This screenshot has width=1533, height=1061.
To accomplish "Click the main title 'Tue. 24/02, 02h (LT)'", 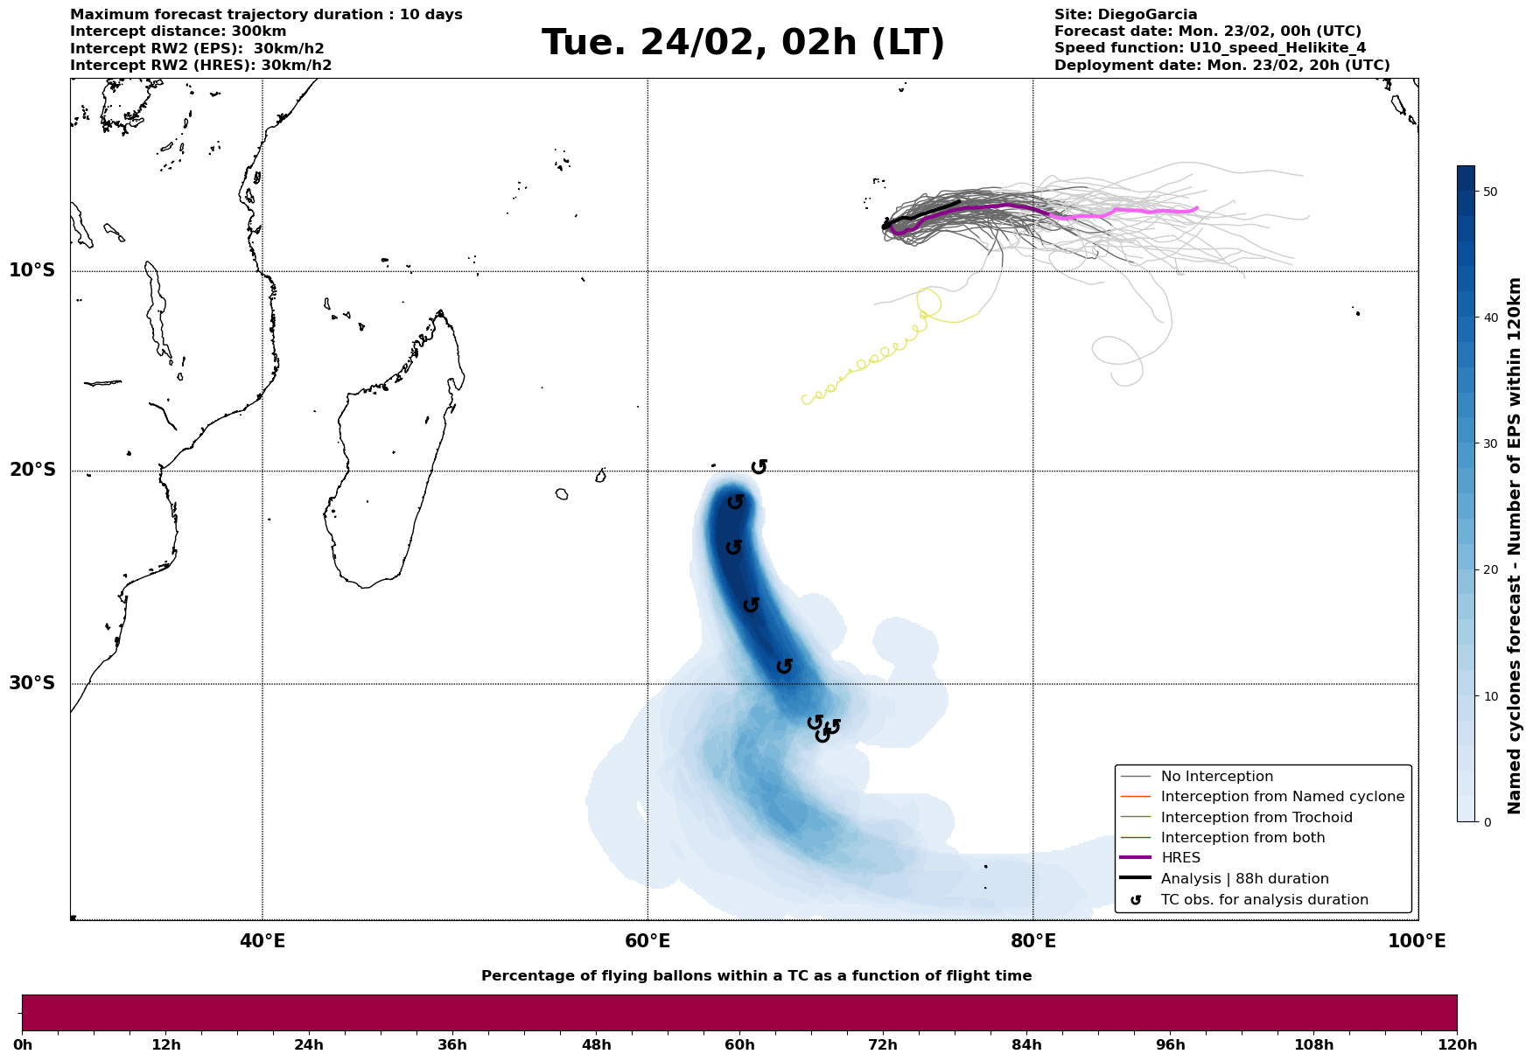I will click(743, 43).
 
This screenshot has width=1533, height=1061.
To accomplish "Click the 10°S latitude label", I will click(32, 270).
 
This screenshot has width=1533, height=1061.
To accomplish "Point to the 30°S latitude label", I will click(32, 683).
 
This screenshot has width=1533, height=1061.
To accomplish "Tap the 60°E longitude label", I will click(647, 941).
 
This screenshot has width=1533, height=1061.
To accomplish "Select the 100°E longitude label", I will click(1417, 941).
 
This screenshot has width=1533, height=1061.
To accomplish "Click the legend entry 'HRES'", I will click(1180, 858).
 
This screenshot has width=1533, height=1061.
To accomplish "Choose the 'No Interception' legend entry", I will click(1216, 777).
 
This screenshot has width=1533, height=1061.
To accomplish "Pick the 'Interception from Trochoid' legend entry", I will click(1256, 818).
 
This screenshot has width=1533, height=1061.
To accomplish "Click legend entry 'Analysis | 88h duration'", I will click(1244, 879).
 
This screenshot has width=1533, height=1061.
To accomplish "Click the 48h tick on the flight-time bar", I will click(596, 1044).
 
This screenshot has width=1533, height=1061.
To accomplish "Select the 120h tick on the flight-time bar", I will click(1456, 1044).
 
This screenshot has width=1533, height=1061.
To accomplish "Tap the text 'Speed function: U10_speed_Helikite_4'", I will click(1209, 48).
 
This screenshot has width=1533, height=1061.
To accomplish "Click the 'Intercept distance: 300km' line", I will click(178, 31).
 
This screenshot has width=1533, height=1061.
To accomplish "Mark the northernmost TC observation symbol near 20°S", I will click(759, 466).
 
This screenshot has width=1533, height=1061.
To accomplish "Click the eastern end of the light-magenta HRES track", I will click(1196, 208).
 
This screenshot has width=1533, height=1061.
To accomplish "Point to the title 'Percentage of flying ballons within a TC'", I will click(756, 976).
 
